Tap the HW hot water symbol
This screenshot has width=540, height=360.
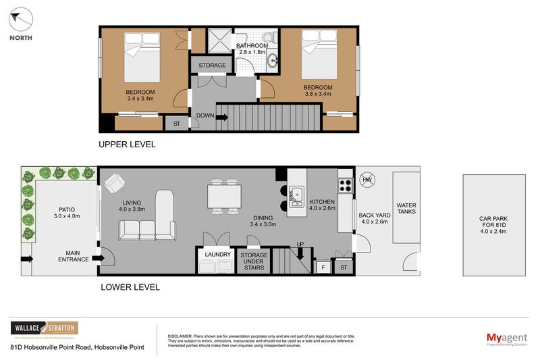[x=367, y=180]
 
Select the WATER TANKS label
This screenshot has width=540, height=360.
[x=406, y=209]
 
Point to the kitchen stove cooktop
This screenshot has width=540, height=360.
[x=345, y=185]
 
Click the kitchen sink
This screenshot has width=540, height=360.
[x=296, y=196]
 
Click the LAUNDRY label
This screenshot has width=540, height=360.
[x=215, y=255]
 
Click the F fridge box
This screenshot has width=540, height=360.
[x=323, y=268]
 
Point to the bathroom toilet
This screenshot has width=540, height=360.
[x=268, y=36]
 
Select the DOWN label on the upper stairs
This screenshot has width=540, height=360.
[x=205, y=115]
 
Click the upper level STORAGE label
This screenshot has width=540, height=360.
[x=212, y=66]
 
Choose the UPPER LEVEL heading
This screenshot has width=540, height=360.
[x=127, y=144]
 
